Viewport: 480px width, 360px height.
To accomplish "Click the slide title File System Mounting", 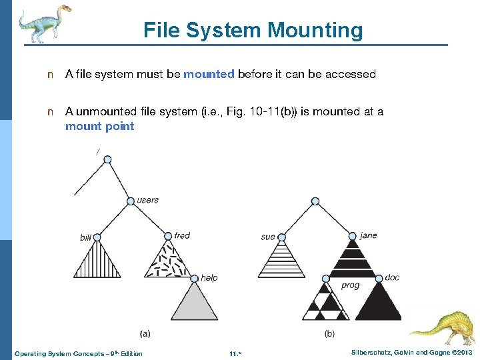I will (x=253, y=30).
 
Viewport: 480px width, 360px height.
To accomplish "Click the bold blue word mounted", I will (x=209, y=74).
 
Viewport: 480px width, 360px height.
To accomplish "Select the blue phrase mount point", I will (x=99, y=126).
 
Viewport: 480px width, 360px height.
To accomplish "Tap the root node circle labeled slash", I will (x=107, y=159).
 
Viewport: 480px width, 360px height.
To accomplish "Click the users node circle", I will (x=131, y=201).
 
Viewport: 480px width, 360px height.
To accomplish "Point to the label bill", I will (x=85, y=237).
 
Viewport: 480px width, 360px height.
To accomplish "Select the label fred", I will (x=182, y=235).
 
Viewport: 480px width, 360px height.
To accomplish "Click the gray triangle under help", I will (x=195, y=303).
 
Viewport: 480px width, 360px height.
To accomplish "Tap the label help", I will (x=209, y=277).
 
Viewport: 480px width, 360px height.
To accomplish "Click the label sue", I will (x=268, y=237).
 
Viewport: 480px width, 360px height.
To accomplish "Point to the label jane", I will (x=368, y=235).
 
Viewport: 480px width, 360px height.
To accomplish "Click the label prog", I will (x=350, y=285).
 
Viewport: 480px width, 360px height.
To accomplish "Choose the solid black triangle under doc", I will (x=380, y=303).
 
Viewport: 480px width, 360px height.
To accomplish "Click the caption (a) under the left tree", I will (x=145, y=331).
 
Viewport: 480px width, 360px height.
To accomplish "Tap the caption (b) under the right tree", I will (x=329, y=332).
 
